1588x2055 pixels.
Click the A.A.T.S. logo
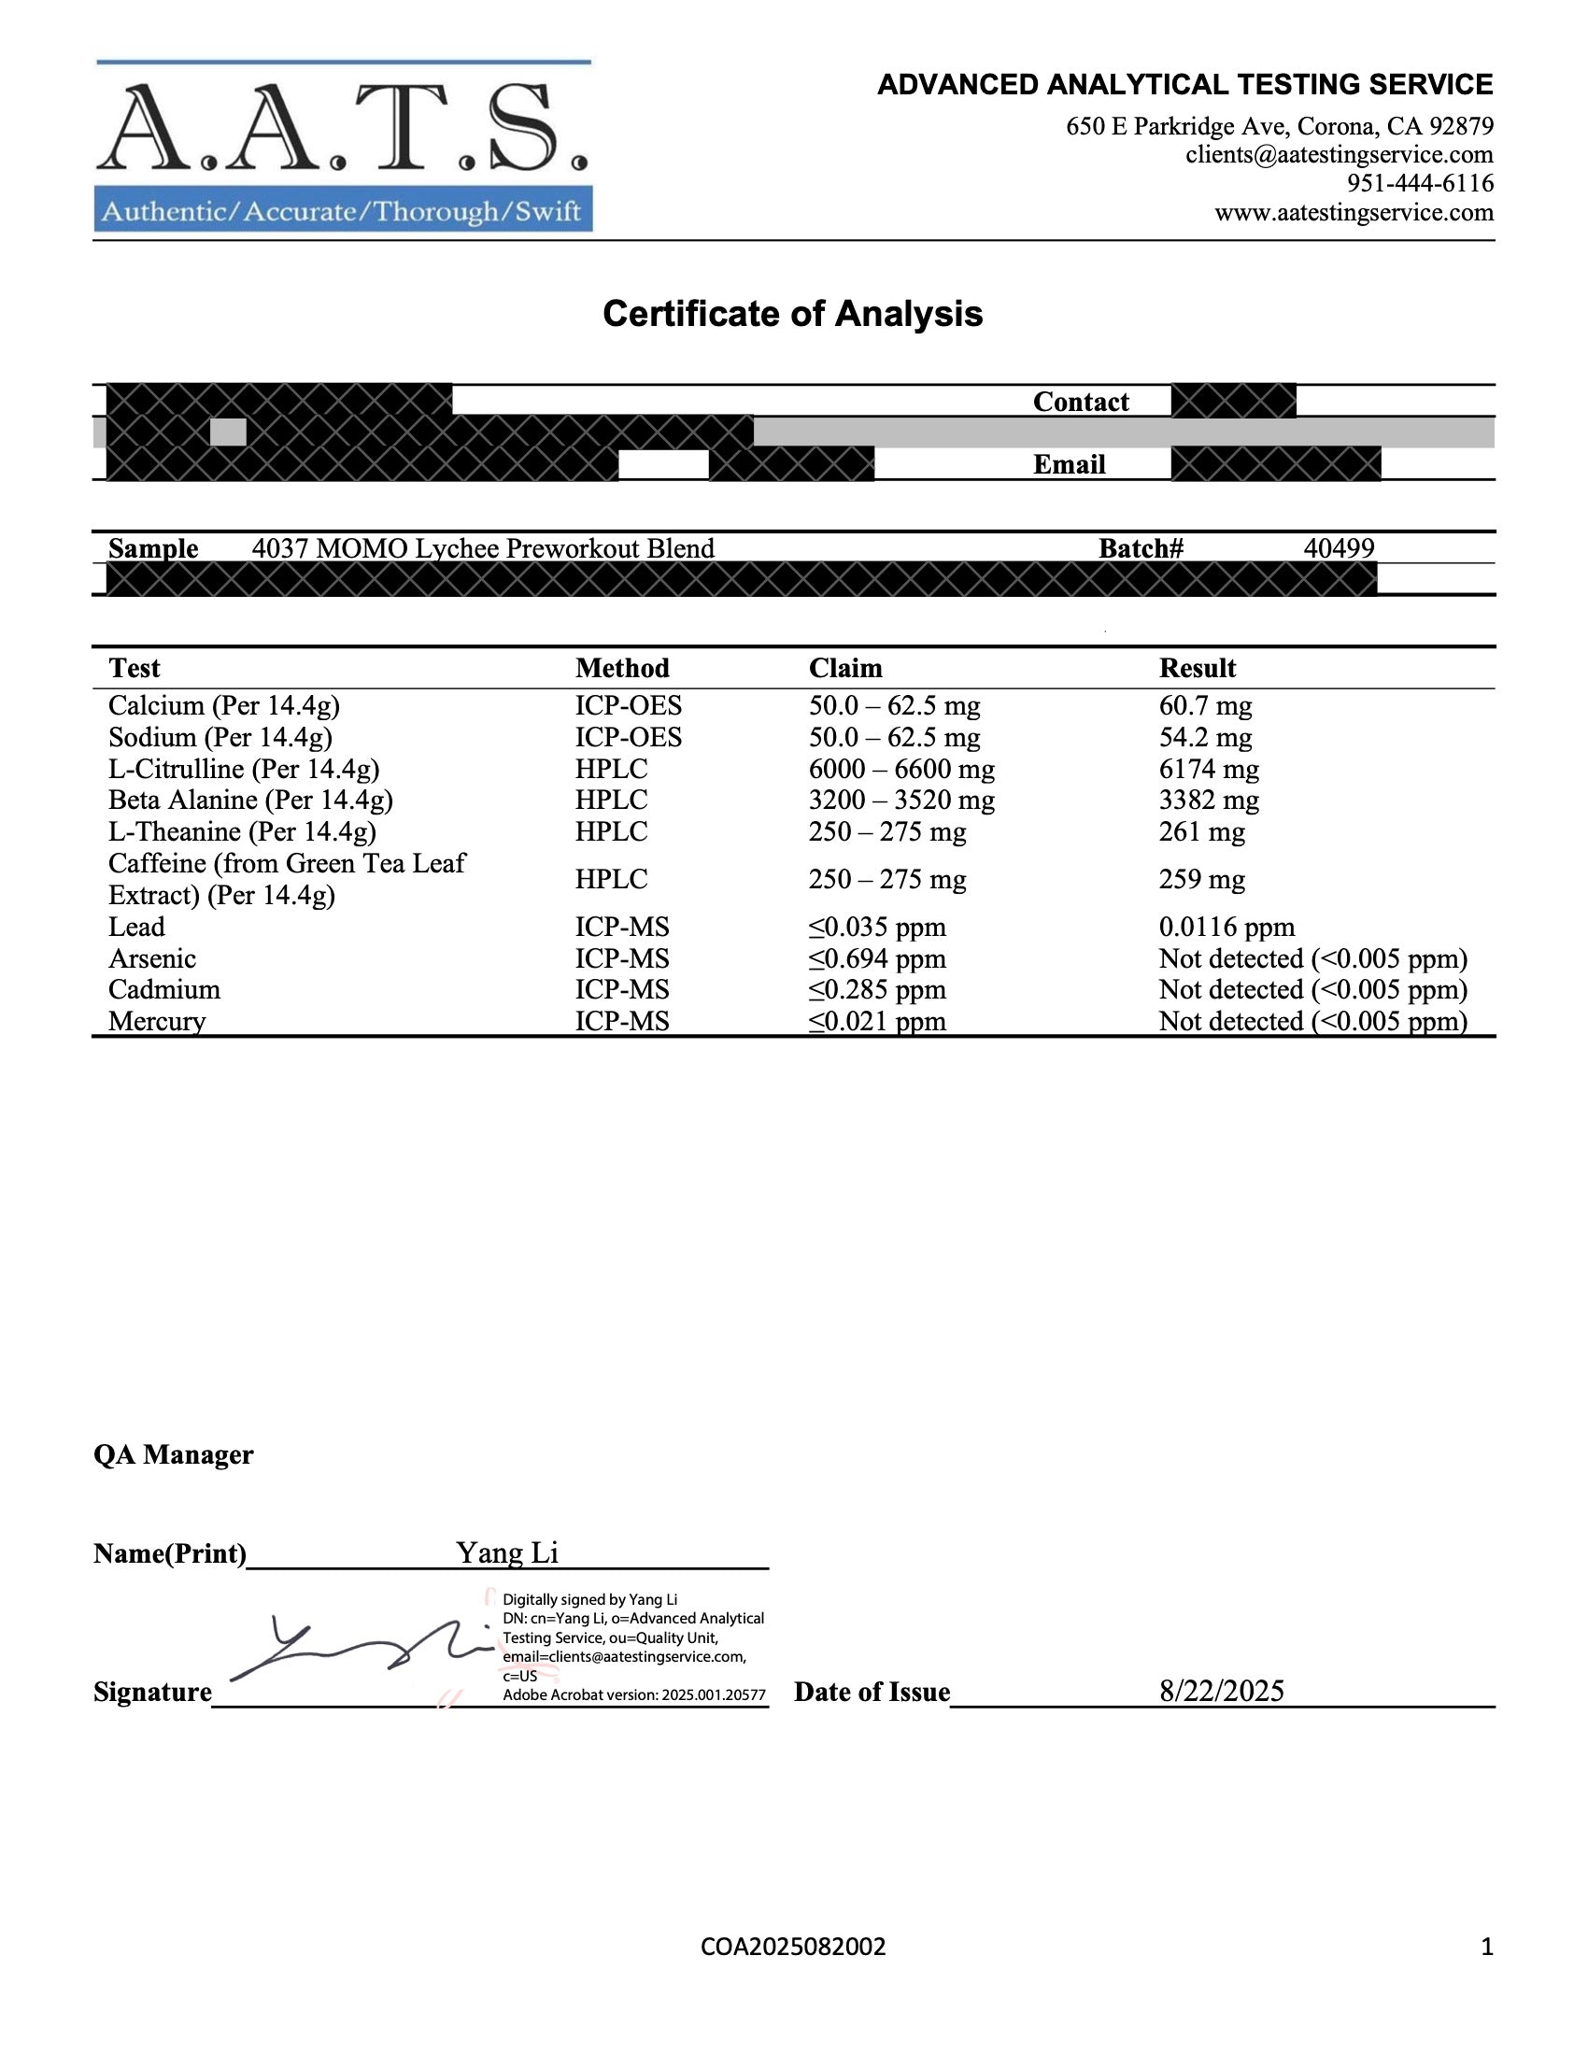tap(344, 146)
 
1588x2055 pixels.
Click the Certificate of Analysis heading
tap(792, 313)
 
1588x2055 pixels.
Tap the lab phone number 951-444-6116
tap(1420, 182)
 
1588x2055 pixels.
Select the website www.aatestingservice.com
tap(1354, 212)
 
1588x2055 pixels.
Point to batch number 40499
tap(1339, 548)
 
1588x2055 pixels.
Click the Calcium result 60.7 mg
tap(1205, 705)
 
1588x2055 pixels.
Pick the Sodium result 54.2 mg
tap(1205, 738)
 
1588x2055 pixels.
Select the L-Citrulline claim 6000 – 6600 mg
tap(901, 770)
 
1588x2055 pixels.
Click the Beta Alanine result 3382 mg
tap(1209, 801)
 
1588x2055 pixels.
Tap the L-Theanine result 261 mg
tap(1201, 831)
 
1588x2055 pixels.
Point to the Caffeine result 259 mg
tap(1201, 879)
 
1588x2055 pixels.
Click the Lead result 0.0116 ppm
tap(1226, 927)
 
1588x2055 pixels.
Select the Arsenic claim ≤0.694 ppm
tap(877, 958)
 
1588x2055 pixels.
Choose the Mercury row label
tap(157, 1021)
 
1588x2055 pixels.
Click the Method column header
tap(622, 668)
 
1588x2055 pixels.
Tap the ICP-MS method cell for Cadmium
tap(622, 990)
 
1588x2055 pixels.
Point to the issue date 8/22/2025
tap(1221, 1691)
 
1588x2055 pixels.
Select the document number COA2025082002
tap(793, 1947)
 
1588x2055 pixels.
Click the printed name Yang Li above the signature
tap(507, 1552)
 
